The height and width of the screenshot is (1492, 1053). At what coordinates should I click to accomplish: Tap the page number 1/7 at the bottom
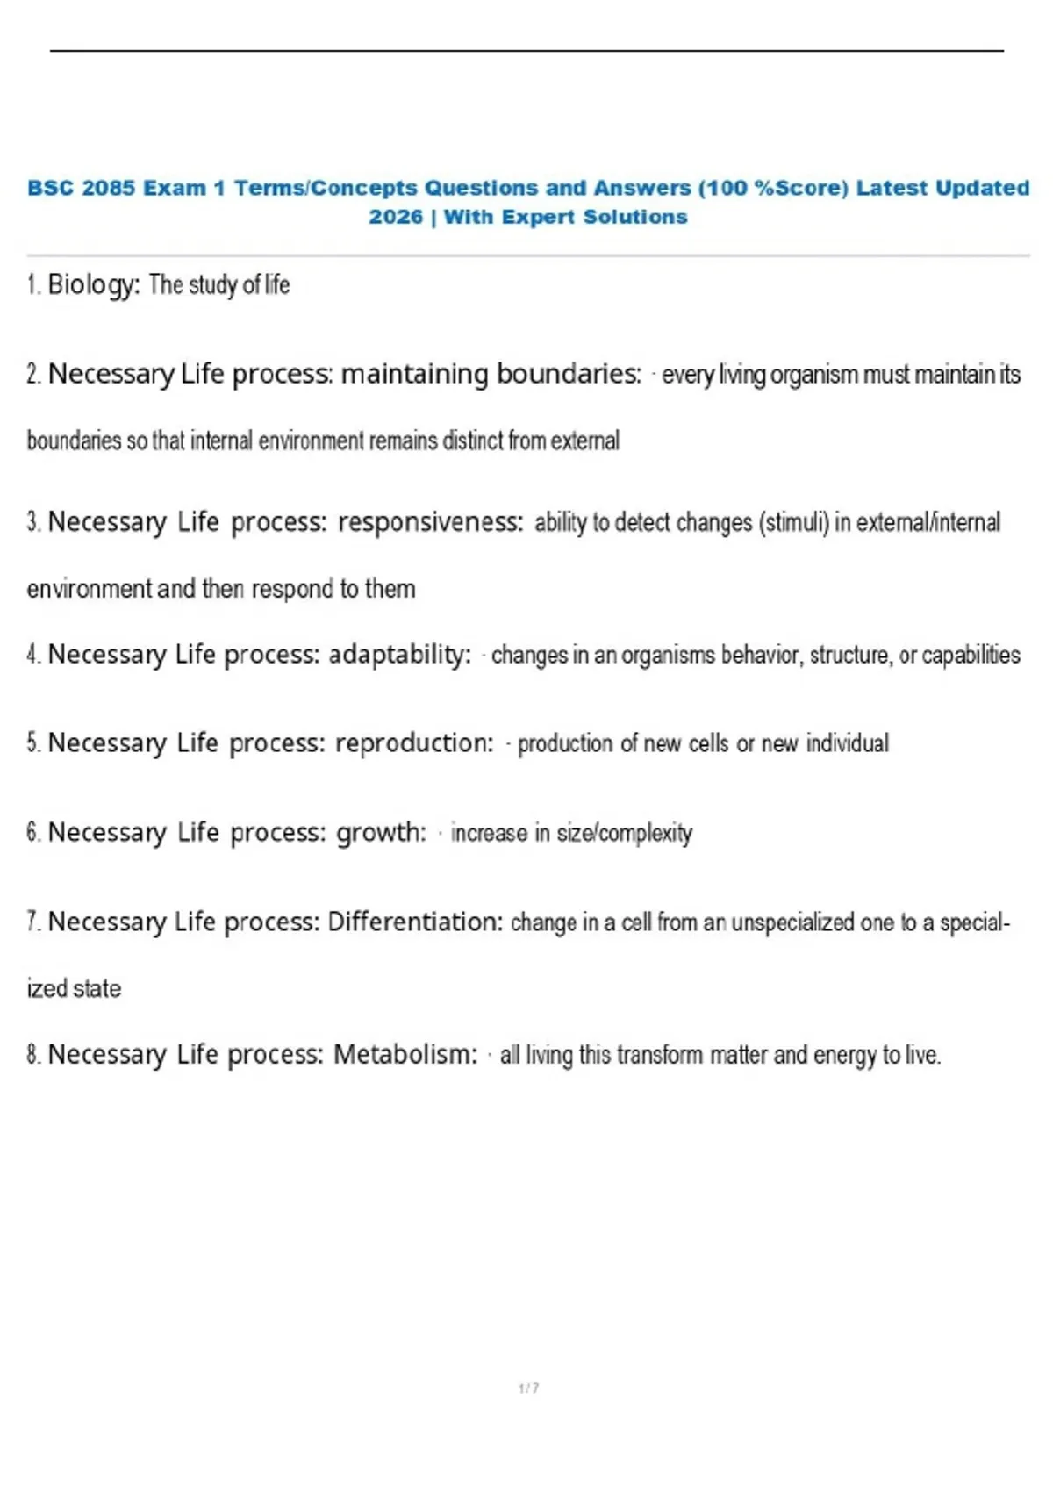pyautogui.click(x=528, y=1388)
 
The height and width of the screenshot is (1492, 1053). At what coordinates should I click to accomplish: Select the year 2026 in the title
pyautogui.click(x=396, y=217)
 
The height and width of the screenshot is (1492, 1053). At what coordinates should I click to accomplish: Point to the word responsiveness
pyautogui.click(x=431, y=522)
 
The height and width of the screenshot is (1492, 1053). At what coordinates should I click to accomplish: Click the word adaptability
pyautogui.click(x=399, y=655)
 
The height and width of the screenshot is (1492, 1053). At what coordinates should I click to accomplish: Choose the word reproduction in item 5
pyautogui.click(x=415, y=743)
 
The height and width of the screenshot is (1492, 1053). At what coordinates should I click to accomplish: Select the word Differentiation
pyautogui.click(x=415, y=922)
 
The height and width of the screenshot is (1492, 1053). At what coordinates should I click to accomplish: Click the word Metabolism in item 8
pyautogui.click(x=405, y=1054)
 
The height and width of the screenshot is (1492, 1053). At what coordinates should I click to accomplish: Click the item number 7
pyautogui.click(x=33, y=922)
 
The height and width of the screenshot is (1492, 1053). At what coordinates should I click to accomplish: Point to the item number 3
pyautogui.click(x=33, y=522)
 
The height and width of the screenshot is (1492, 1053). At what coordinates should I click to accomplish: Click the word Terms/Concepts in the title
pyautogui.click(x=326, y=188)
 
